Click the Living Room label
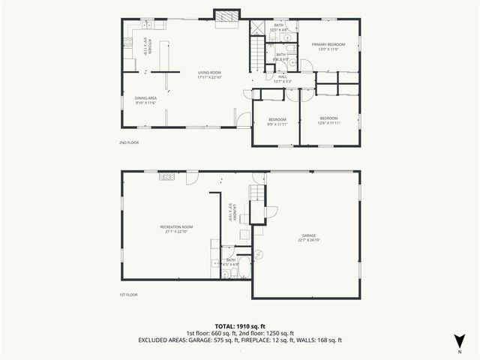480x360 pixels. click(211, 75)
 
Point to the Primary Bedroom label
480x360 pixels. click(329, 46)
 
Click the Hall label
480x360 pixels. click(283, 77)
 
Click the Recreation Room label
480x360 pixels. click(176, 228)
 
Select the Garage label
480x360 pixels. click(309, 237)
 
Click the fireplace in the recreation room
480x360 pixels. click(166, 178)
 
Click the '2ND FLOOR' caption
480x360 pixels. click(128, 142)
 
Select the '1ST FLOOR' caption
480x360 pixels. click(128, 295)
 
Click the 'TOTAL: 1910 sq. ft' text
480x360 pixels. click(240, 325)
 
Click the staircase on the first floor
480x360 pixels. click(256, 193)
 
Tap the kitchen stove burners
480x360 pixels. click(128, 42)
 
